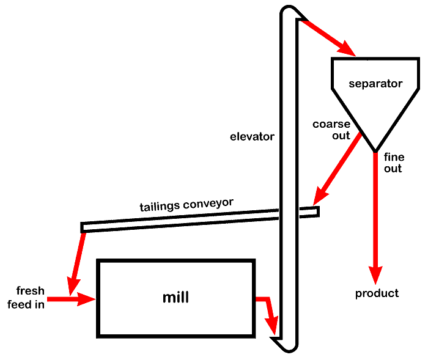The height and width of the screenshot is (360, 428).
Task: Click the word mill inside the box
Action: click(x=175, y=298)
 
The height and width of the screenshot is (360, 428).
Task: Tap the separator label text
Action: click(x=375, y=84)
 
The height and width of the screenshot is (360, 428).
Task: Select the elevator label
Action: click(x=252, y=136)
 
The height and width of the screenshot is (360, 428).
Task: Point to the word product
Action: click(x=377, y=293)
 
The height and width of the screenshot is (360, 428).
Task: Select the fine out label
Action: click(x=393, y=163)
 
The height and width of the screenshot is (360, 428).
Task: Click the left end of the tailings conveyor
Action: click(x=84, y=227)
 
